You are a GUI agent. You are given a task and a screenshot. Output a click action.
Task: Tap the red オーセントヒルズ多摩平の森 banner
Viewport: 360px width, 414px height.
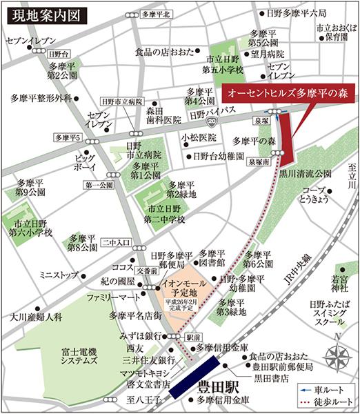288,92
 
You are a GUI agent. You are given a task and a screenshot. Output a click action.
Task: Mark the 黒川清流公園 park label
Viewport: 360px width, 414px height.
306,175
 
